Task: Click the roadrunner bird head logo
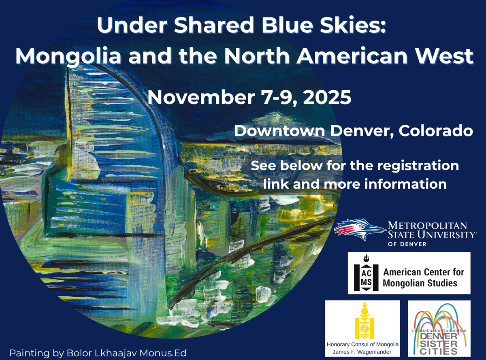click(359, 229)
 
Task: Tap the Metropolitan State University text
click(431, 230)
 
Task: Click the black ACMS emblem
click(366, 273)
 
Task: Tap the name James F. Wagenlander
click(362, 352)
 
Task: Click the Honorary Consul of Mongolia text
click(362, 344)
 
